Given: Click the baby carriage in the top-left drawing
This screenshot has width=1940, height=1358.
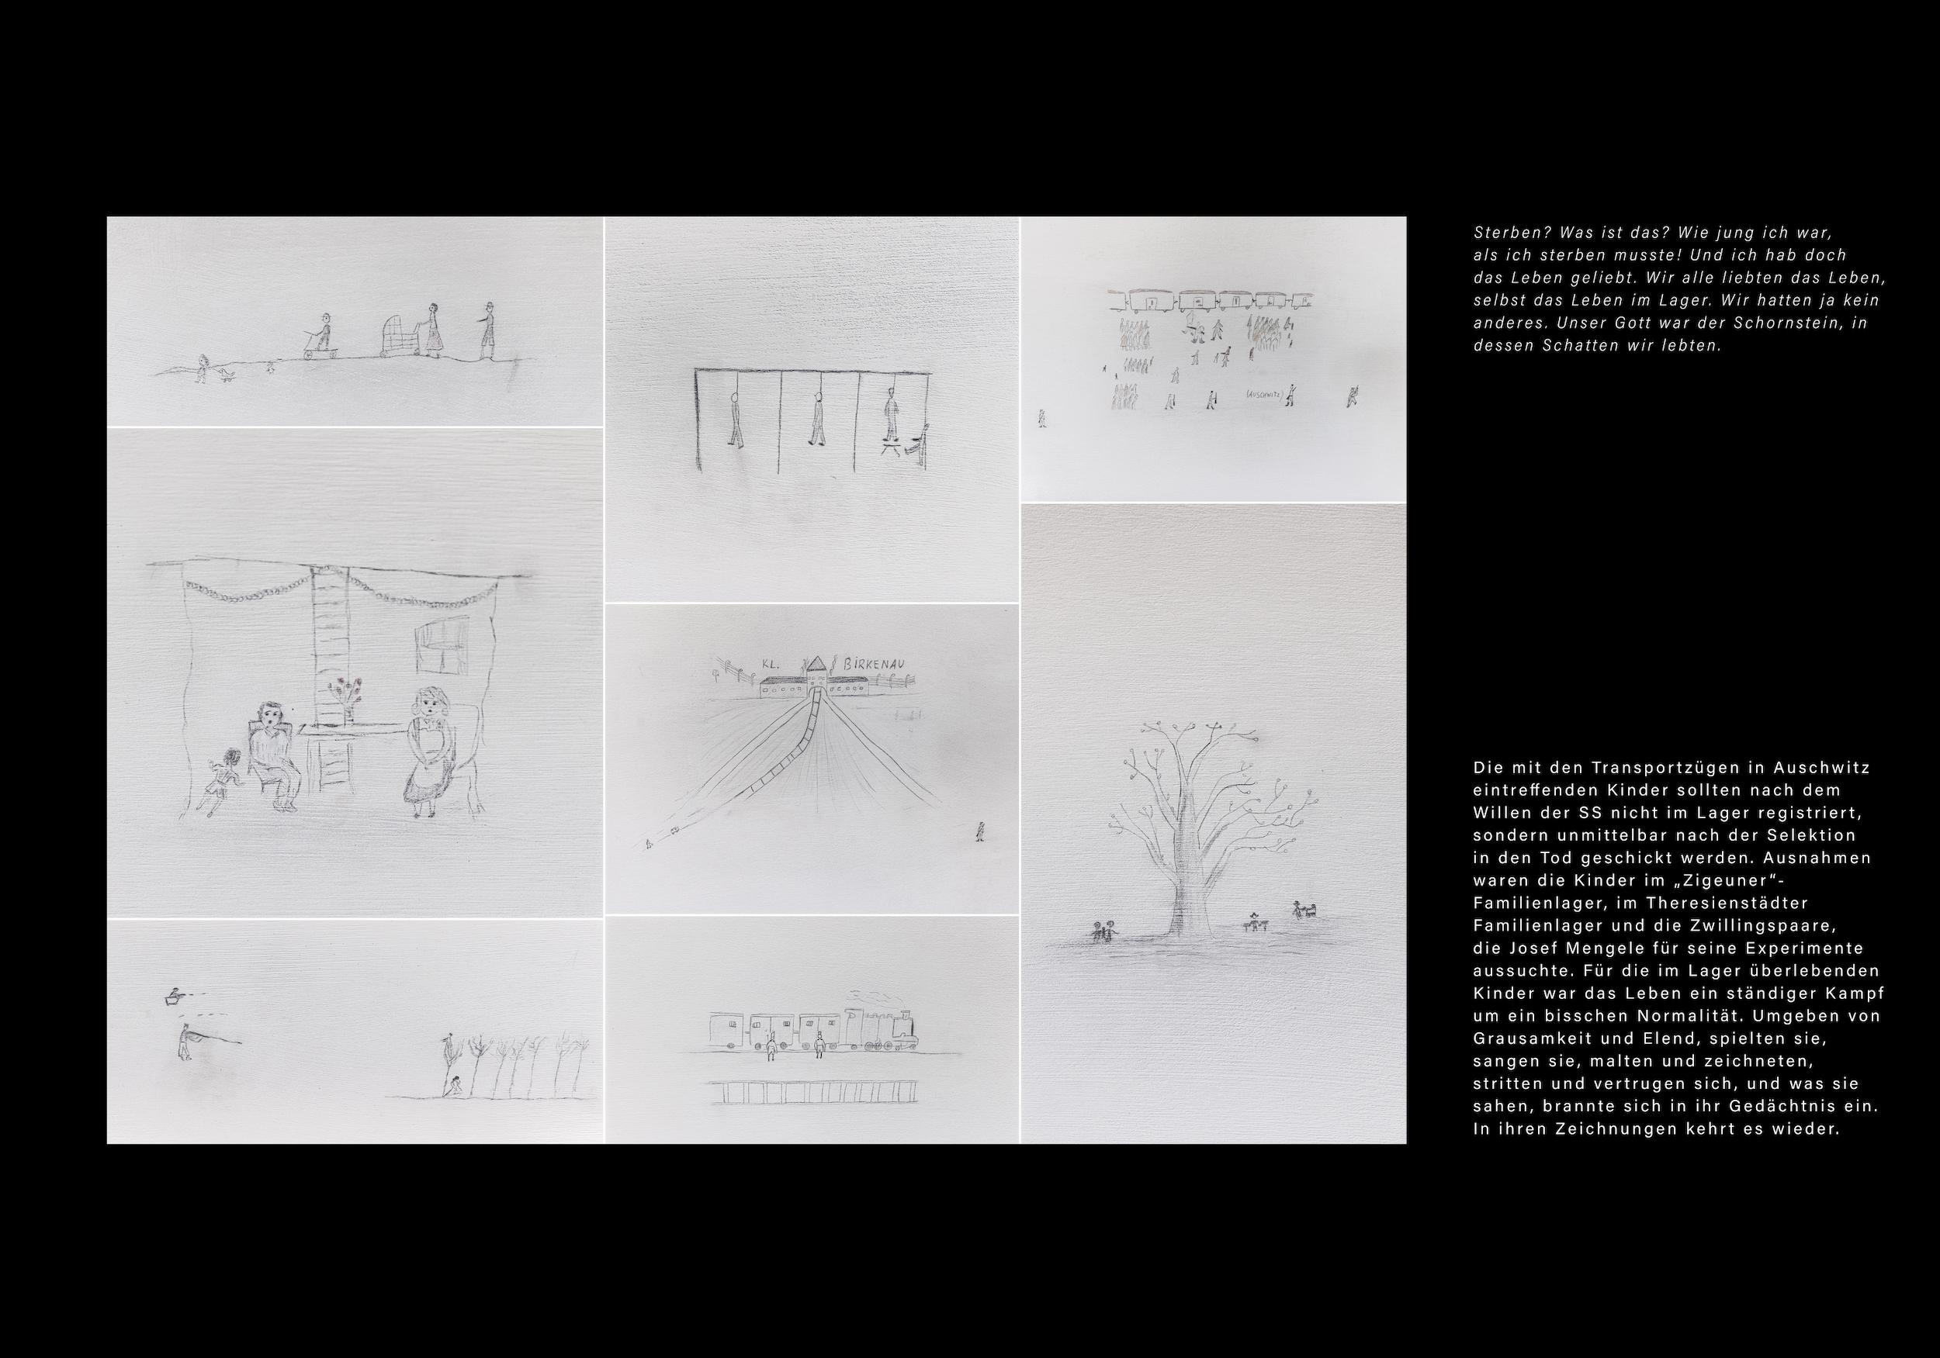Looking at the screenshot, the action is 398,337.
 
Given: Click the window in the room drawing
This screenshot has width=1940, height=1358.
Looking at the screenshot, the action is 442,644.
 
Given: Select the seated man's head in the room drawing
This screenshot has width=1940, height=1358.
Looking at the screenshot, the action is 269,718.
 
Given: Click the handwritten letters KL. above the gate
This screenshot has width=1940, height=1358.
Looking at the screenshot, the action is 770,664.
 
